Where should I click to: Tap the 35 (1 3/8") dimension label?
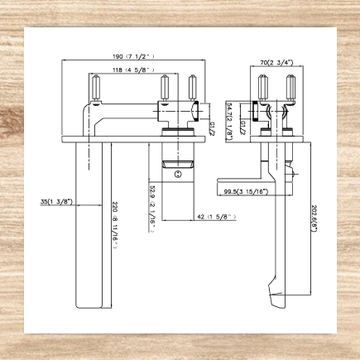pos(55,201)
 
